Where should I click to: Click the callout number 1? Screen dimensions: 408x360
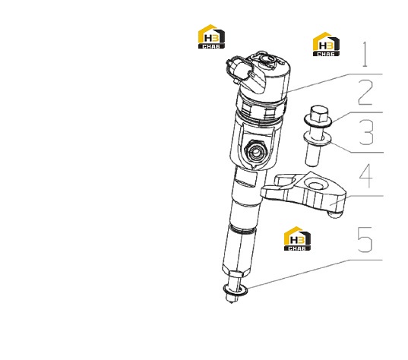pyautogui.click(x=365, y=54)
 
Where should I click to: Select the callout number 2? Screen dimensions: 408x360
pyautogui.click(x=365, y=92)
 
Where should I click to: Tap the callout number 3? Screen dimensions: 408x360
pyautogui.click(x=366, y=132)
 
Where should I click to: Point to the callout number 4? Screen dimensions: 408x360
pyautogui.click(x=366, y=175)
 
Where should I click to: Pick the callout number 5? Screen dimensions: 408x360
pyautogui.click(x=365, y=239)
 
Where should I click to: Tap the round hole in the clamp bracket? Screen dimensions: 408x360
pyautogui.click(x=316, y=185)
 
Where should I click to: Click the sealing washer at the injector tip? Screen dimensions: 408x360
pyautogui.click(x=236, y=289)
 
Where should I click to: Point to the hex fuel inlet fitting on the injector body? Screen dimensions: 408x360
pyautogui.click(x=255, y=151)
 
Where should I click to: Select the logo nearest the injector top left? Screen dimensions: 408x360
pyautogui.click(x=211, y=36)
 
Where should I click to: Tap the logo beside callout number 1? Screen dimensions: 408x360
pyautogui.click(x=326, y=44)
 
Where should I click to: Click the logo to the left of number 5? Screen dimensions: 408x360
pyautogui.click(x=297, y=238)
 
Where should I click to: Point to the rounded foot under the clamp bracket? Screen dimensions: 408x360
pyautogui.click(x=335, y=215)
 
